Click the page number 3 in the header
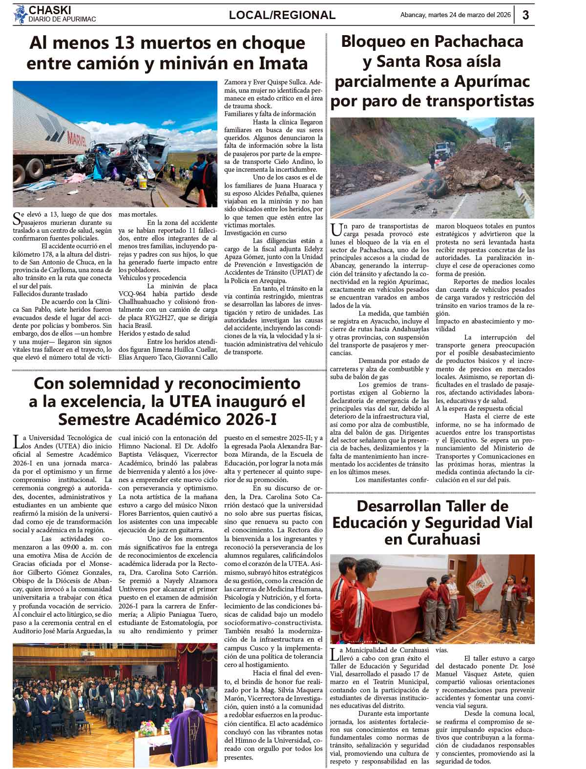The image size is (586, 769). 525,15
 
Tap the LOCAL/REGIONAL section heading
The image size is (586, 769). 282,15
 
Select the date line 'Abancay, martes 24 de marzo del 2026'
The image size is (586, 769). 455,15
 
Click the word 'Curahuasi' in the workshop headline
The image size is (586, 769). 432,539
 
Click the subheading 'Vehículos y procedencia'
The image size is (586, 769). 152,278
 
